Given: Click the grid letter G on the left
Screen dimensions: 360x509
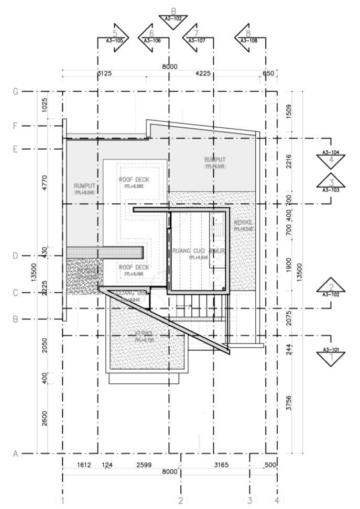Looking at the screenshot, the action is tap(16, 92).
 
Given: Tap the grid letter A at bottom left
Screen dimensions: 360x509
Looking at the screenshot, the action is tap(16, 454).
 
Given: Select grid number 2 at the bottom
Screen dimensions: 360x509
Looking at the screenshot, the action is tap(180, 501).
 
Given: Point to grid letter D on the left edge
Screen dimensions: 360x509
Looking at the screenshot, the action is tap(16, 256).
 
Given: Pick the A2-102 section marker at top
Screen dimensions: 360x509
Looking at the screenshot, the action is tap(173, 18).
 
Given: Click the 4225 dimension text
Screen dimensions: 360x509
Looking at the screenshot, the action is tap(203, 73).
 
